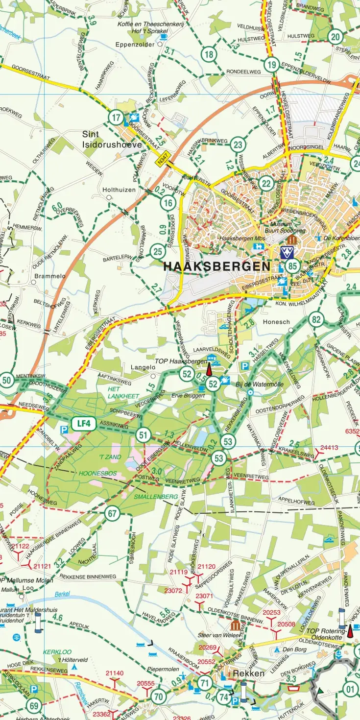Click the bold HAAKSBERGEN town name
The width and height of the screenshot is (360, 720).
(216, 266)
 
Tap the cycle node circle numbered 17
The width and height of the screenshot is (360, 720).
(116, 118)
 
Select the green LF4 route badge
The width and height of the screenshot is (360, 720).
(83, 424)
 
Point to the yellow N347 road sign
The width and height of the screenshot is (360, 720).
(163, 160)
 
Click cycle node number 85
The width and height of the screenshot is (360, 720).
(293, 266)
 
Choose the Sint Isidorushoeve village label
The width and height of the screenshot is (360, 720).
(112, 139)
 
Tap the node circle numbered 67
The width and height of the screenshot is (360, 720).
(113, 513)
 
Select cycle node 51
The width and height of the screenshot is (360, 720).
(143, 434)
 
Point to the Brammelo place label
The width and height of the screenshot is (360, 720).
(50, 276)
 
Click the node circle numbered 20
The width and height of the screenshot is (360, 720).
(335, 37)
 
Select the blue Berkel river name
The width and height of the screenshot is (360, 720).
(62, 594)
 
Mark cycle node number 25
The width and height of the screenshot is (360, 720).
(157, 252)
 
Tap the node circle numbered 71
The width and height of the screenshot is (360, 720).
(205, 682)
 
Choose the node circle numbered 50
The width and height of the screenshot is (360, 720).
(6, 380)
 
